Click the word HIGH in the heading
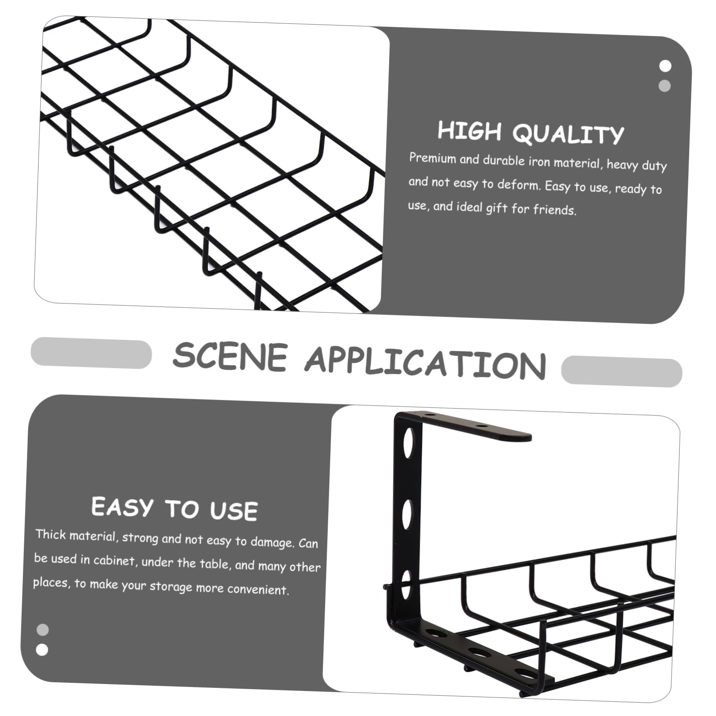(469, 131)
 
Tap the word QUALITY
(569, 134)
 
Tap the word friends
(555, 210)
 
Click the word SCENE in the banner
(230, 356)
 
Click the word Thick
(51, 534)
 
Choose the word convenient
(258, 589)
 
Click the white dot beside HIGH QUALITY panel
(665, 66)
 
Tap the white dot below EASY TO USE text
(42, 650)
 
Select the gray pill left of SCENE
(91, 353)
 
